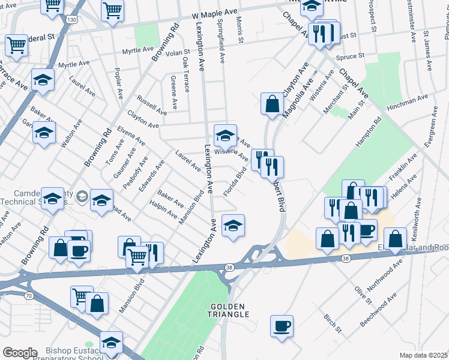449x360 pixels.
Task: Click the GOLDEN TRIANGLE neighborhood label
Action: coord(229,310)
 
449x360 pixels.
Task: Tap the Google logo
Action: coord(19,353)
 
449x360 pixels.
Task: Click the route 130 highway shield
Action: coord(72,20)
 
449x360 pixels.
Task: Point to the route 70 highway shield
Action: coord(28,295)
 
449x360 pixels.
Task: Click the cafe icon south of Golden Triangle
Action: coord(282,326)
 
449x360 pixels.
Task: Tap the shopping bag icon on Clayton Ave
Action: coord(272,103)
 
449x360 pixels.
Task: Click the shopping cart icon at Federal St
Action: coord(17,44)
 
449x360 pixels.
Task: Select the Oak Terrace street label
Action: coord(187,76)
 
